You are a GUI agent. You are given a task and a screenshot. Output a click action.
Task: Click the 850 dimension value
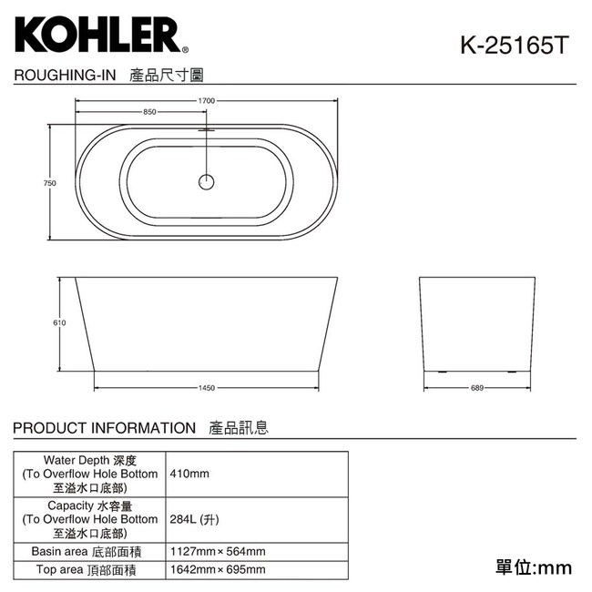click(x=149, y=112)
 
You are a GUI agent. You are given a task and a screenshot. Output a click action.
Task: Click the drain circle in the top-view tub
click(x=207, y=181)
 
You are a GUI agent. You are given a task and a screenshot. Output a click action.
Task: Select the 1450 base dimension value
click(x=207, y=388)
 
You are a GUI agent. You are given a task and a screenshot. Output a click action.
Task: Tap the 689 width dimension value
click(x=475, y=388)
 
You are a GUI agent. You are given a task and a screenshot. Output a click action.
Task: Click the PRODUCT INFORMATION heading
click(x=105, y=427)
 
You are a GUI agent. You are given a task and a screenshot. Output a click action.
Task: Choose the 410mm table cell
click(x=189, y=474)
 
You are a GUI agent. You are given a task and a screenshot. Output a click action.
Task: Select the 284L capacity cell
click(x=194, y=519)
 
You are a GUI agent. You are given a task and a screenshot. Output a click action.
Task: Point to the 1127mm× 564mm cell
click(x=218, y=551)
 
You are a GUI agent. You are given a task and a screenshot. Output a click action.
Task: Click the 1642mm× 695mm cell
click(x=218, y=569)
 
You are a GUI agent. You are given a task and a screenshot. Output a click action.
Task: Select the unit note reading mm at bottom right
click(x=534, y=567)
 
